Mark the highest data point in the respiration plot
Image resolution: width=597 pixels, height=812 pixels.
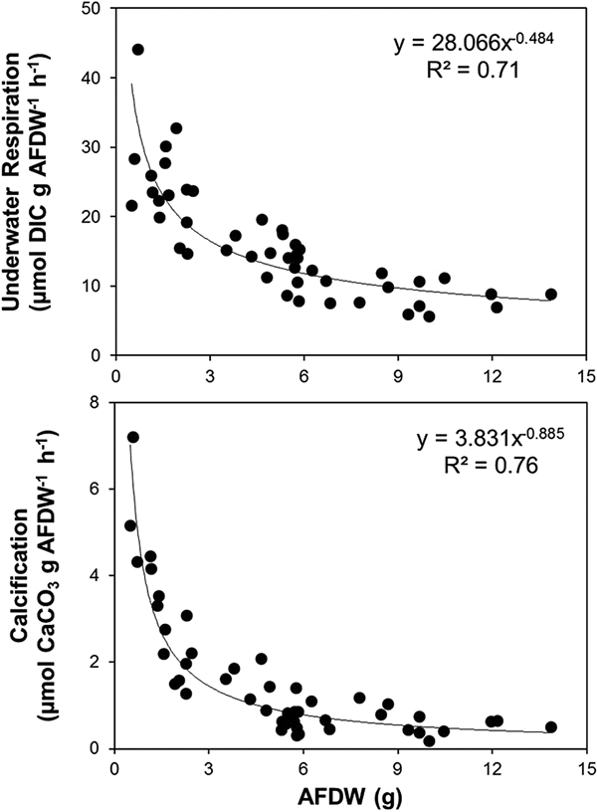click(138, 50)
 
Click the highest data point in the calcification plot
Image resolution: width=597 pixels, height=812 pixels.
click(133, 437)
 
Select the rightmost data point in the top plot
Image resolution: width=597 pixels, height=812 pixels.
click(551, 295)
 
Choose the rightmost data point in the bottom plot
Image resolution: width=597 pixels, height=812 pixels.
click(551, 727)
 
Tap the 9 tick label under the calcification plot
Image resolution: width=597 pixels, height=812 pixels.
click(398, 767)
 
